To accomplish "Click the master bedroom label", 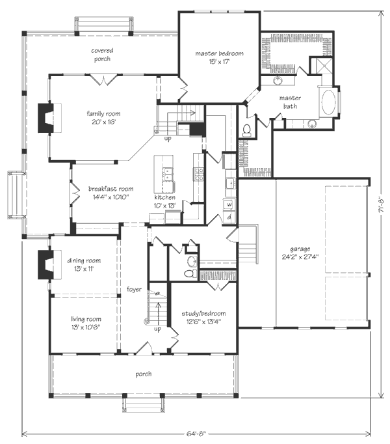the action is point(219,53).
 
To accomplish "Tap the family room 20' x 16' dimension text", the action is point(103,122).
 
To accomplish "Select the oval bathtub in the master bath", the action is point(328,102).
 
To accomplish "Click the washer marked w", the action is point(229,204).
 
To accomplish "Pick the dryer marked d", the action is point(229,217).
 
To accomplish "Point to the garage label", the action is point(300,249).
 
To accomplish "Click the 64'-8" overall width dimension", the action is point(196,434).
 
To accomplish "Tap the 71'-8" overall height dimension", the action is point(382,204).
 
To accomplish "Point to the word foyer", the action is point(134,290).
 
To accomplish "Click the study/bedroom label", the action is point(203,313).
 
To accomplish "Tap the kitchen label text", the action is point(164,197).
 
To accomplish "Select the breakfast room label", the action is point(111,189).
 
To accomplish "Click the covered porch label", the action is point(103,55).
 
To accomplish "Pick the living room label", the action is point(86,319).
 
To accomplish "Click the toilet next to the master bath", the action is point(246,130).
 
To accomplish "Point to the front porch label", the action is point(144,374).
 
